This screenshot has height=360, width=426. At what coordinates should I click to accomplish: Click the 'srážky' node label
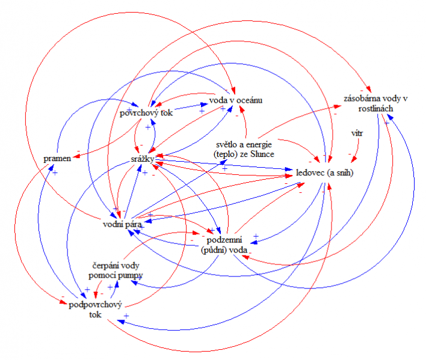(x=143, y=159)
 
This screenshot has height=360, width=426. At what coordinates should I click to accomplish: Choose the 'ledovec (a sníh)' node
(x=324, y=172)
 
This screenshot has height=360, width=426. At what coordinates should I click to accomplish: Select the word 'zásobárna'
(x=357, y=98)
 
